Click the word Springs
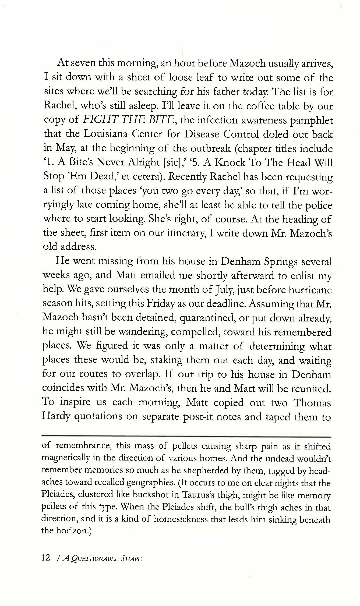click(281, 261)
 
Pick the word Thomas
click(312, 403)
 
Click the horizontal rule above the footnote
click(186, 437)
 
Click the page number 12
click(46, 557)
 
